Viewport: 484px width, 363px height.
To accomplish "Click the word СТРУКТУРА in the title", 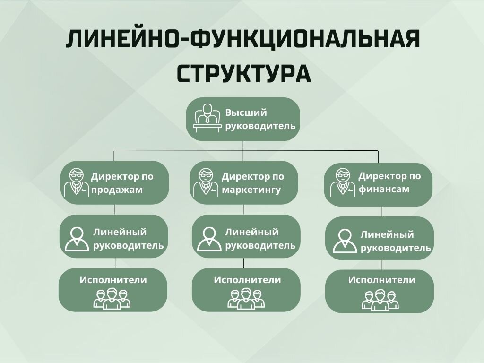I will (x=244, y=73).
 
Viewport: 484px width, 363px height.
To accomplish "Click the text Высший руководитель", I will (x=260, y=119).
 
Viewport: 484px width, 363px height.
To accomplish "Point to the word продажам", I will (x=117, y=190).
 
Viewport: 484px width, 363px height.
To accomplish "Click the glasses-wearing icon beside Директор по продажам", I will (x=76, y=182).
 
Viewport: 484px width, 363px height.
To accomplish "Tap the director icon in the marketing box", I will (x=205, y=182).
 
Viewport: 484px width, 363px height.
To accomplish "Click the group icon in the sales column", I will (x=112, y=298).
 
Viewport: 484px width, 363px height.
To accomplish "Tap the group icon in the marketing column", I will (x=246, y=298).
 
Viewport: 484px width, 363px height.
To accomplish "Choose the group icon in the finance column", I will (x=380, y=300).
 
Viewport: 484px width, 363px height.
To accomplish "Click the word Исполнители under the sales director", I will (x=113, y=280).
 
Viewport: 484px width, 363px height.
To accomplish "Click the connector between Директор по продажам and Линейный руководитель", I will (x=115, y=209).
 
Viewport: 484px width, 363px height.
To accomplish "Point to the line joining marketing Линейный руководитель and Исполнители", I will (x=243, y=263).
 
